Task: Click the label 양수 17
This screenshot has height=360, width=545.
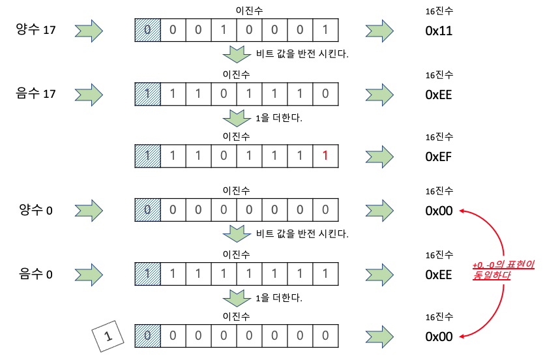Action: (x=36, y=30)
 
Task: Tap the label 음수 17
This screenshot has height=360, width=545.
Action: (x=36, y=94)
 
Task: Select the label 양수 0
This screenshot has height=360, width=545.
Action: (x=36, y=211)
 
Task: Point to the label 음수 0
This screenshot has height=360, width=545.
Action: (x=36, y=275)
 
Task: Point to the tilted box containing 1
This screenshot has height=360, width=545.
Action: (x=108, y=337)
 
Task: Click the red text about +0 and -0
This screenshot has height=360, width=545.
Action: (x=503, y=271)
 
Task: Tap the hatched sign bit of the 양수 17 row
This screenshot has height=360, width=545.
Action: (x=147, y=30)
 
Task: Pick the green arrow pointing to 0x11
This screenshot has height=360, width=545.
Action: (x=379, y=30)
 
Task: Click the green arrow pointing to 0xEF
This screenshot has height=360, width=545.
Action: (x=379, y=157)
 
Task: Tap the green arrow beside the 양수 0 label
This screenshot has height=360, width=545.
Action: (x=89, y=211)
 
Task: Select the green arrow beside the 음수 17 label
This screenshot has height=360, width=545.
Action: (x=89, y=94)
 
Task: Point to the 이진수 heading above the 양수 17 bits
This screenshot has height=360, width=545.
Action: (x=237, y=10)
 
